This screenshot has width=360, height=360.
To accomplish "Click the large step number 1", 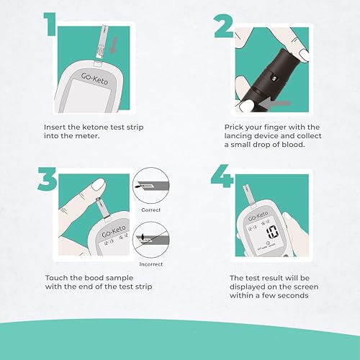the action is pyautogui.click(x=50, y=24).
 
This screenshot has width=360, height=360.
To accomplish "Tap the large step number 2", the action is pyautogui.click(x=224, y=26).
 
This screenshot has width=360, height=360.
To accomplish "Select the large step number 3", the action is pyautogui.click(x=48, y=179).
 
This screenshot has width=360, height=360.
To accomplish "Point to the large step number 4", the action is pyautogui.click(x=222, y=176).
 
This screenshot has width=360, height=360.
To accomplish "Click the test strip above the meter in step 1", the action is pyautogui.click(x=102, y=42).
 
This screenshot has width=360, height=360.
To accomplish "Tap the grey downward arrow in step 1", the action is pyautogui.click(x=114, y=45).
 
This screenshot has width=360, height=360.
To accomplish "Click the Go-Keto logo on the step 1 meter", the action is pyautogui.click(x=94, y=78).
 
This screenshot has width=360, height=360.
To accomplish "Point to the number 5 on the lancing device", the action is pyautogui.click(x=274, y=78).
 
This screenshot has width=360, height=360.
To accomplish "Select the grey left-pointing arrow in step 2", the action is pyautogui.click(x=276, y=104).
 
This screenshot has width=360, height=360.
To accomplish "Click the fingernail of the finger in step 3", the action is pyautogui.click(x=98, y=185).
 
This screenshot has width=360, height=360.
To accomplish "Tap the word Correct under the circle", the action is pyautogui.click(x=151, y=210).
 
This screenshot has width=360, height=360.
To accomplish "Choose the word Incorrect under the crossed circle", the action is pyautogui.click(x=151, y=264).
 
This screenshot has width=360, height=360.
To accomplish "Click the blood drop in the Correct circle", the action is pyautogui.click(x=138, y=186).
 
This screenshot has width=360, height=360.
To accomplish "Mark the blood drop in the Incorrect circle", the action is pyautogui.click(x=143, y=237).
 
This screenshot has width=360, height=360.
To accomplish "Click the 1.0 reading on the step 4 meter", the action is pyautogui.click(x=272, y=232).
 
